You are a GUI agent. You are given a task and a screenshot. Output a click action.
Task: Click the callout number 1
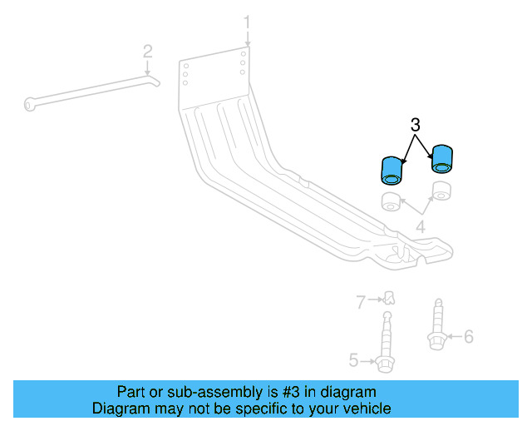click(246, 20)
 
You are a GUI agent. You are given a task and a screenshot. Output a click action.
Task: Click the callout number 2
click(148, 51)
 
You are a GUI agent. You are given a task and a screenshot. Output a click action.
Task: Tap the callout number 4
click(421, 226)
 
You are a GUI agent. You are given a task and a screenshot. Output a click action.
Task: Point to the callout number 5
click(353, 360)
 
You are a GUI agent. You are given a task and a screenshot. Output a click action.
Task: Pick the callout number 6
click(468, 336)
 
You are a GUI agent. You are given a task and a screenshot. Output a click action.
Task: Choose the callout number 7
click(361, 303)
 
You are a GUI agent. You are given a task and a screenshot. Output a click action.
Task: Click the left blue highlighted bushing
click(390, 170)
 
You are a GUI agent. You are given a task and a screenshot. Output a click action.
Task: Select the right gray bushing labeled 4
click(441, 191)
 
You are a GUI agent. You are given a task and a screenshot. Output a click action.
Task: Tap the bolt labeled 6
click(436, 328)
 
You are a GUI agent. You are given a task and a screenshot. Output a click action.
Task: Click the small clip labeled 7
click(388, 297)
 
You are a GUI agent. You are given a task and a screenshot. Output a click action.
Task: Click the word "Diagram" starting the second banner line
click(119, 409)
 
